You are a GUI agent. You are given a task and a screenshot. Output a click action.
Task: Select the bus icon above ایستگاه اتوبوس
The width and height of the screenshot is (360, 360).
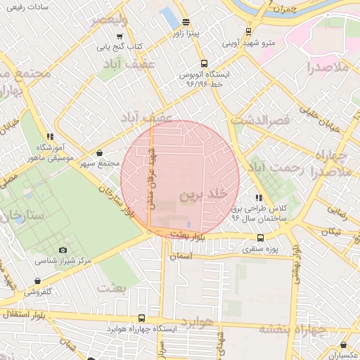tap(204, 63)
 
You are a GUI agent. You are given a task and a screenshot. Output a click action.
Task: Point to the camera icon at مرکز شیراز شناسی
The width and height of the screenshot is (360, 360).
tap(63, 250)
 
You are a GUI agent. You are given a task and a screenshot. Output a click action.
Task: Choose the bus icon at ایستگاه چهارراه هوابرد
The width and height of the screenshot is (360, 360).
tap(142, 318)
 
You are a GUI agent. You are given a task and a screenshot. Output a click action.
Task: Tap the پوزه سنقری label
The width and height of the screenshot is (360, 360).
tap(262, 249)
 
